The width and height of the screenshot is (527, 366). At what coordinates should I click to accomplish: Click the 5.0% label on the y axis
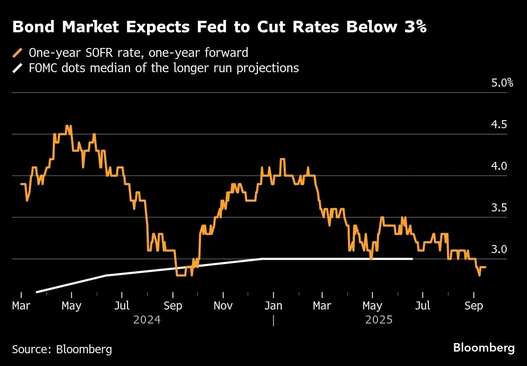point(502,83)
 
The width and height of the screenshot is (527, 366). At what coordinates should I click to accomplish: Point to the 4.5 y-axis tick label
point(500,124)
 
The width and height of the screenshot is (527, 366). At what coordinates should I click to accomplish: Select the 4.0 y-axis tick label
point(500,166)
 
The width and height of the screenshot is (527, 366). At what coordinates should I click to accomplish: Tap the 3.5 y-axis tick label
point(500,208)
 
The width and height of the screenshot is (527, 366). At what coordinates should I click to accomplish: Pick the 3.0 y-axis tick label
point(500,249)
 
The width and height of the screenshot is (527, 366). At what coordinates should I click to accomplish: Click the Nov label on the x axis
point(223,306)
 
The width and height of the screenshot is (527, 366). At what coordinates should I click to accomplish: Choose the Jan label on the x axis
point(274,306)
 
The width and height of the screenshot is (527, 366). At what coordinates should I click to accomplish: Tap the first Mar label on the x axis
point(21,306)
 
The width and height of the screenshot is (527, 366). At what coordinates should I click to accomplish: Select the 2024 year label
point(147,319)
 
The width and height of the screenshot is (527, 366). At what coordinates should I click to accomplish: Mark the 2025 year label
point(379,319)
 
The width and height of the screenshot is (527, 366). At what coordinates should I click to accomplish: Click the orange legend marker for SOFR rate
point(17,53)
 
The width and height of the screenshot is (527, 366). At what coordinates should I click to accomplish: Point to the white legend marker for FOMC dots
point(17,68)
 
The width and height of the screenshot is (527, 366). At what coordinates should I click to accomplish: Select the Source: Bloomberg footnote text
point(62,349)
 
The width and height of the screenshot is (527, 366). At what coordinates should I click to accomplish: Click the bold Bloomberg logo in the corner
point(484,348)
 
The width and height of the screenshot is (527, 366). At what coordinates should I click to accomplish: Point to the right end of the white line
point(412,259)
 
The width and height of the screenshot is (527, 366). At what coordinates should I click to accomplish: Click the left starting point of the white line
point(37,292)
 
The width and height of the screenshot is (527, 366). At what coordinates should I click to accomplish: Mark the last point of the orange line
point(485,267)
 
